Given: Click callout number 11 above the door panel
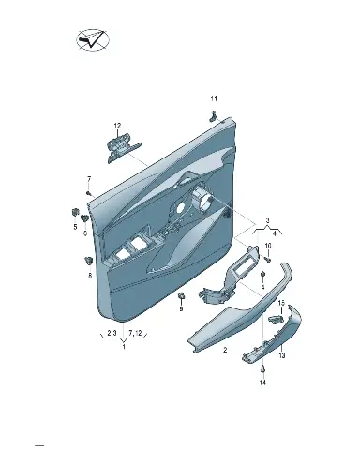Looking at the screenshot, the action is pyautogui.click(x=214, y=98).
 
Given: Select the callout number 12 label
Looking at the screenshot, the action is pyautogui.click(x=117, y=126).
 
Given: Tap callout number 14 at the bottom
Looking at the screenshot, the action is pyautogui.click(x=262, y=382).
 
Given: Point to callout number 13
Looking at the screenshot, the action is pyautogui.click(x=282, y=355).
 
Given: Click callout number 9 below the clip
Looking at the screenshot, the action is pyautogui.click(x=181, y=309).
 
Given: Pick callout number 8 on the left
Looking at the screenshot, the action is pyautogui.click(x=90, y=276).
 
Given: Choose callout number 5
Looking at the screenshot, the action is pyautogui.click(x=75, y=227).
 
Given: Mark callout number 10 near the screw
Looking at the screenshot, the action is pyautogui.click(x=268, y=246).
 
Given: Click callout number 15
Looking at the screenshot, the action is pyautogui.click(x=281, y=303).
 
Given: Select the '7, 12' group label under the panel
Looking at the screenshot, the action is pyautogui.click(x=135, y=334).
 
